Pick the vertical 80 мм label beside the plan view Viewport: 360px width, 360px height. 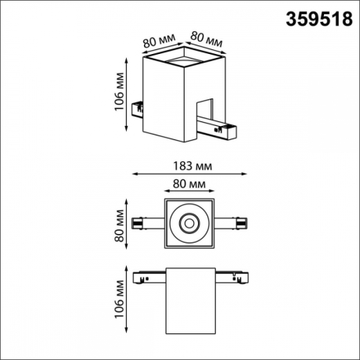[120, 225]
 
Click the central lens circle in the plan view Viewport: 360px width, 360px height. [190, 224]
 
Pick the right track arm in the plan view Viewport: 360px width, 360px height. [232, 224]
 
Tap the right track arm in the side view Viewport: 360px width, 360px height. [232, 275]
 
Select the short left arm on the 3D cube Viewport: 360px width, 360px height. [139, 108]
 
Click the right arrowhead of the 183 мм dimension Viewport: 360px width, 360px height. [248, 175]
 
